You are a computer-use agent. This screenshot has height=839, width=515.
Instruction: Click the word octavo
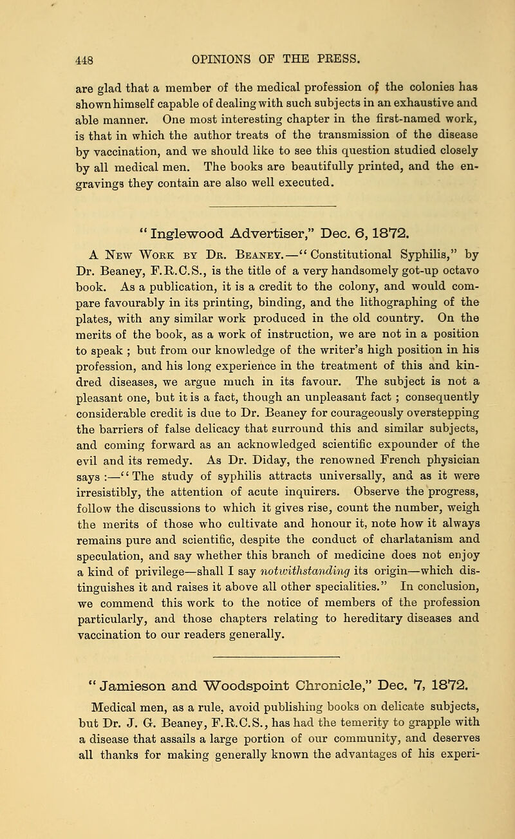[465, 265]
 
